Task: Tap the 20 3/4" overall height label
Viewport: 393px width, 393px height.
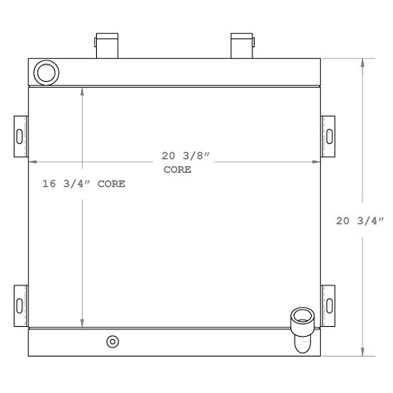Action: pos(362,221)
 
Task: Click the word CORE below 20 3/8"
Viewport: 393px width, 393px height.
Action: pos(176,169)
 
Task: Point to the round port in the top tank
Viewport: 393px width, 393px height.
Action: pos(47,72)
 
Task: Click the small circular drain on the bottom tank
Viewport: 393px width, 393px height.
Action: pos(113,342)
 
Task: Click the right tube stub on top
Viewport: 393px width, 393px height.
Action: pos(242,46)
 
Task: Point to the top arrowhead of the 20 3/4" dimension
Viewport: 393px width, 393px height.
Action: pos(362,62)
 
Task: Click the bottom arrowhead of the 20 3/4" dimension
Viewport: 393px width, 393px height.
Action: pos(362,352)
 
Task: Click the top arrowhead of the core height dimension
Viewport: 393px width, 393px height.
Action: pos(81,89)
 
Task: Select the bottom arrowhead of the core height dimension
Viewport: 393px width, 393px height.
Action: pos(81,324)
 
